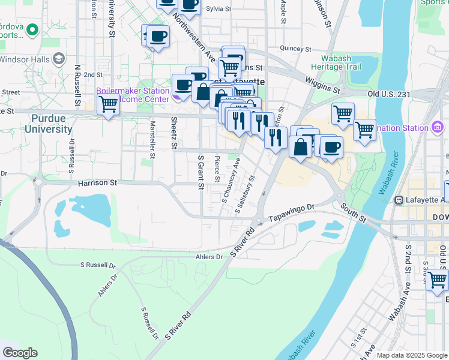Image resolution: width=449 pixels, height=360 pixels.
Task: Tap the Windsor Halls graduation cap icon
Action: (59, 59)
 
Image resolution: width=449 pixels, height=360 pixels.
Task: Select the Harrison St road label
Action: (97, 182)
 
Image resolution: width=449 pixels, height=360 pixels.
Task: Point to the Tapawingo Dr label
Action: (291, 215)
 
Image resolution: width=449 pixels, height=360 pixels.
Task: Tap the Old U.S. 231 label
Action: (388, 94)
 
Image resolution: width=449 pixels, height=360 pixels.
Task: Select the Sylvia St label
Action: (218, 9)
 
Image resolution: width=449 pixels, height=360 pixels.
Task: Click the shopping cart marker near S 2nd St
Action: (437, 279)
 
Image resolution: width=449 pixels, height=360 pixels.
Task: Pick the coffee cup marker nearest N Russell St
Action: (158, 37)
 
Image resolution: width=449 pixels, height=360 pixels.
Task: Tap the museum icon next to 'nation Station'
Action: (437, 127)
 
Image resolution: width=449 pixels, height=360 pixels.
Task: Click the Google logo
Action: (20, 353)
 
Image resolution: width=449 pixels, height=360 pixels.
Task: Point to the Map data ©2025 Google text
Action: (412, 355)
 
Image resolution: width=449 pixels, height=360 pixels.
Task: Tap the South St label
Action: (352, 214)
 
